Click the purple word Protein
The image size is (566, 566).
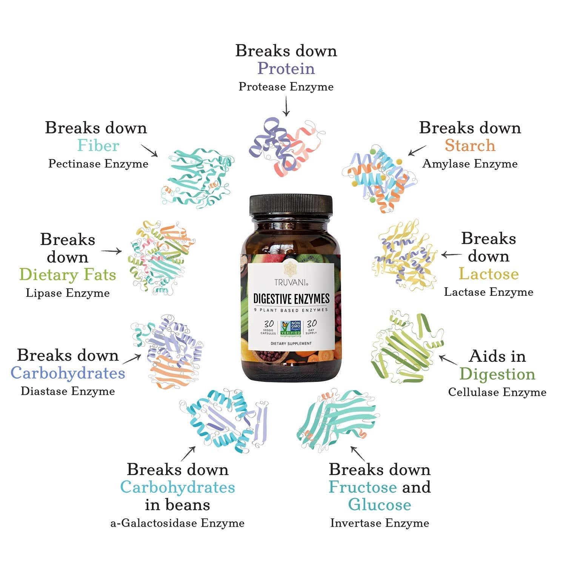286,69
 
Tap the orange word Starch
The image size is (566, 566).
470,146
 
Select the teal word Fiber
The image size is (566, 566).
98,146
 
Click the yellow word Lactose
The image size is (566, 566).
489,274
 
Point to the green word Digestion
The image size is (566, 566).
497,374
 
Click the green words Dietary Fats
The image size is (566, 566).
68,275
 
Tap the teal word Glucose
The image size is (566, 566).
379,505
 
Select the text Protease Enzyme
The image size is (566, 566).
286,87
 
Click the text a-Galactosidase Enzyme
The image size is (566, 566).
177,523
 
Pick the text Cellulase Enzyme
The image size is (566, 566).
497,392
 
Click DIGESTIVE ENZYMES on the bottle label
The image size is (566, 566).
291,299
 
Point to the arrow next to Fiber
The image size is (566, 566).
149,150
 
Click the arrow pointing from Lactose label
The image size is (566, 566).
451,255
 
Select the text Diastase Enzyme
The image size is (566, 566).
68,391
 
